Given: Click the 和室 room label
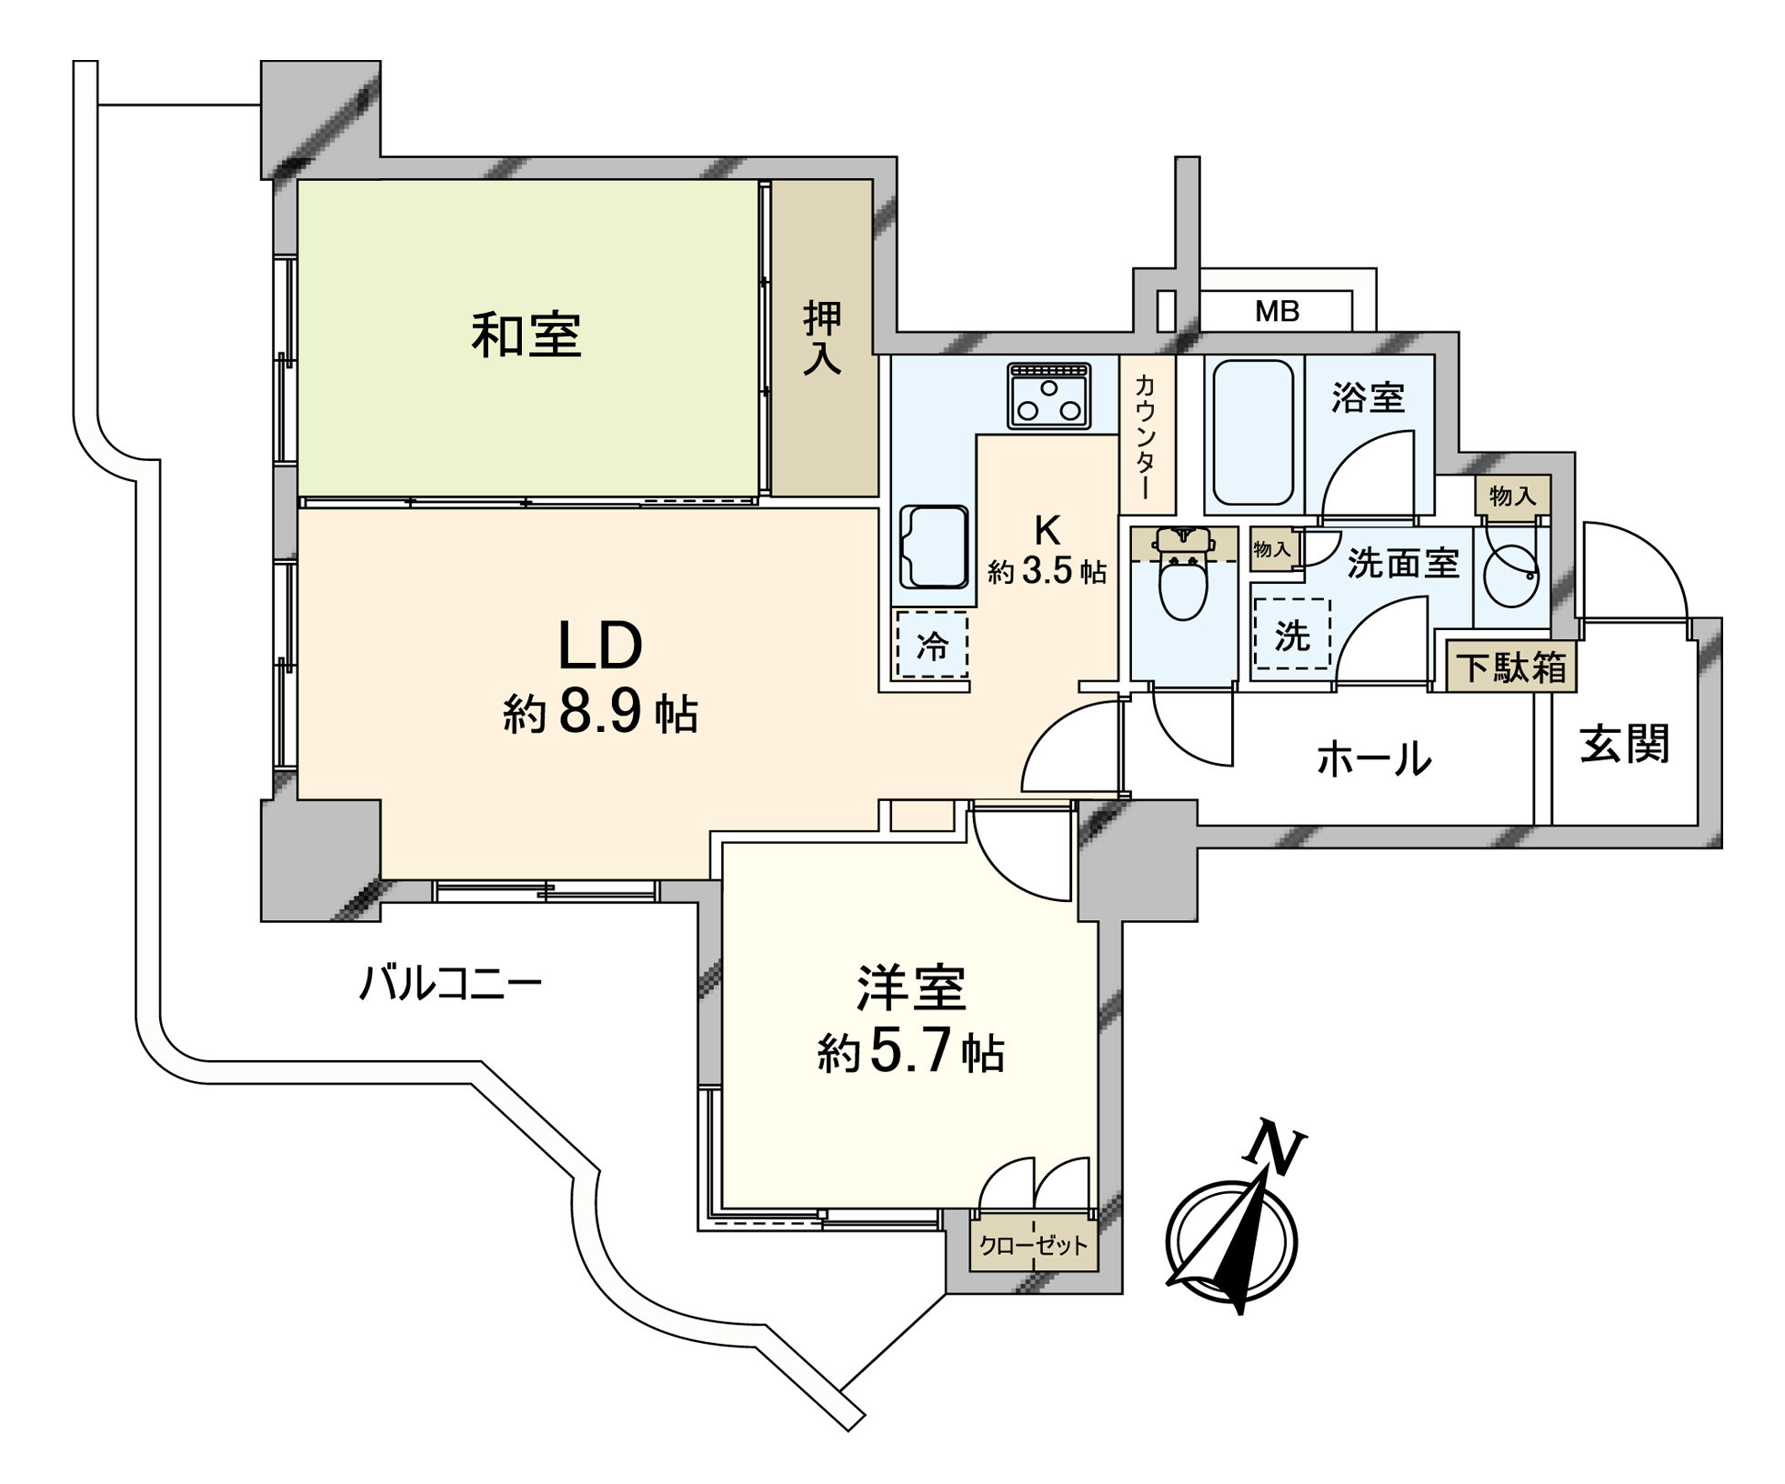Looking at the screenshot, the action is [526, 335].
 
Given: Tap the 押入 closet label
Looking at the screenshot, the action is [822, 337].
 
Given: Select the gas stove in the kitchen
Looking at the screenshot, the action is [1048, 396].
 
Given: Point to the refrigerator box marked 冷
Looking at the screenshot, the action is [932, 645].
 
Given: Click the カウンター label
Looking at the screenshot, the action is [1145, 436].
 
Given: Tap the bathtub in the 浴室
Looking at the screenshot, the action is [1253, 433].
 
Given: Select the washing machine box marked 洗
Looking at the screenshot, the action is [1291, 635].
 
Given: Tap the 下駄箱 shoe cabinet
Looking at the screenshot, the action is [1511, 667].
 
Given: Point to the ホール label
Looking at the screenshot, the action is [1374, 757].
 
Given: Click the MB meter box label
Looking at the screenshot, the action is [1277, 311].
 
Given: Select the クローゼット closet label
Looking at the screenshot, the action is [1033, 1245].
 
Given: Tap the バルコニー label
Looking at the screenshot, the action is [450, 984].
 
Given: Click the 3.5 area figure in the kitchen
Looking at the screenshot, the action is [1048, 571].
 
